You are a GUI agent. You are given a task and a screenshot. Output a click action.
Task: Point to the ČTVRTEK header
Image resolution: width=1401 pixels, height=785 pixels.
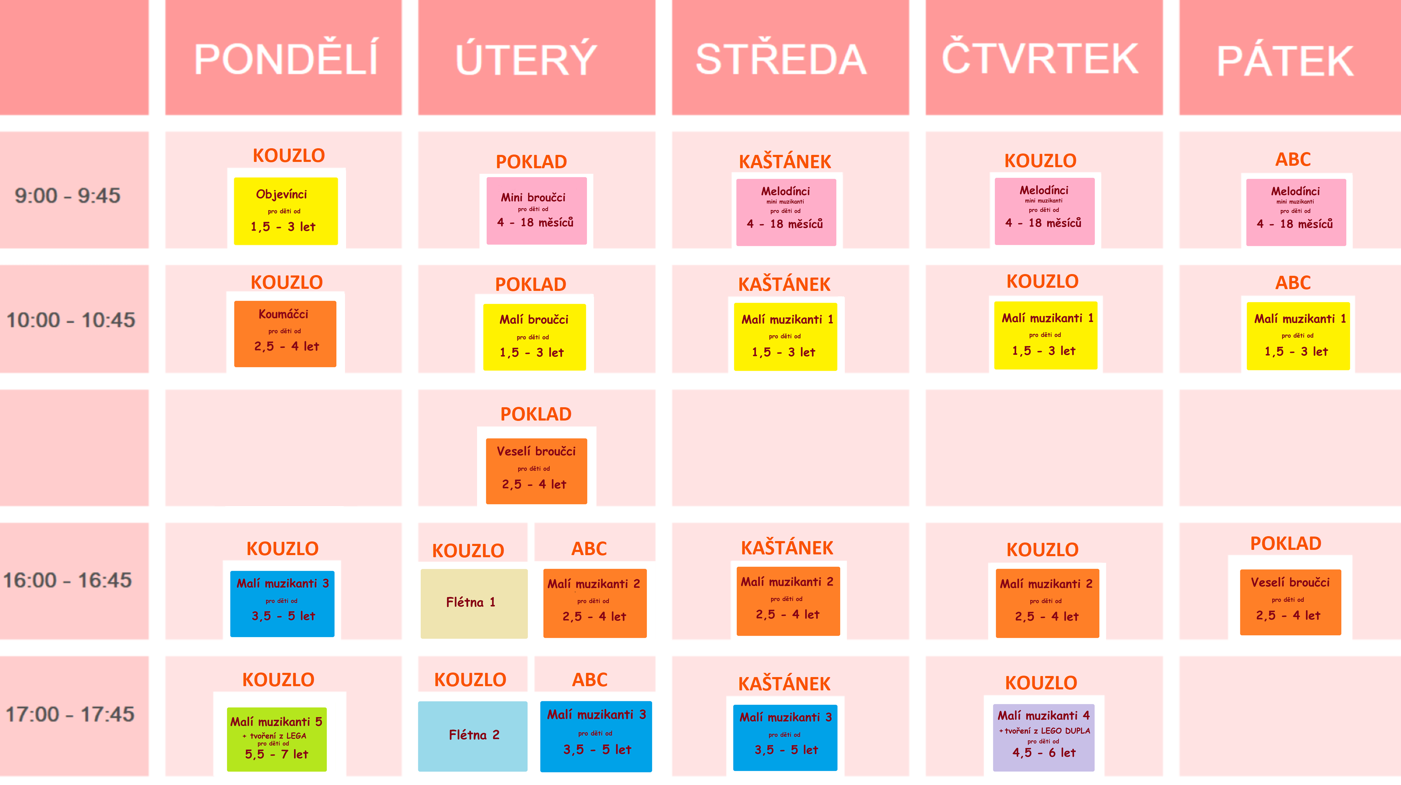coord(1040,57)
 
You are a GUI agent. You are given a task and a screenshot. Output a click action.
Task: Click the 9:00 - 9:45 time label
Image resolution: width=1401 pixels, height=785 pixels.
coord(68,195)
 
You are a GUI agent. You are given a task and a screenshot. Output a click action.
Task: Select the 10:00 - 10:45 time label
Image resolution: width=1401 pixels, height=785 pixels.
coord(71,320)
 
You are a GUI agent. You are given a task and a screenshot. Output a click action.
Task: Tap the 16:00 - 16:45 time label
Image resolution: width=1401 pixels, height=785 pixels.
coord(68,580)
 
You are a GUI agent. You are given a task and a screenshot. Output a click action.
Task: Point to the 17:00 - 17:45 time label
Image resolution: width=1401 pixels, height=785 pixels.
coord(70,714)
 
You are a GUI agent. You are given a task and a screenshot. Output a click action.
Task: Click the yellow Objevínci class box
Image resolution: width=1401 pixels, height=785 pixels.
coord(285,211)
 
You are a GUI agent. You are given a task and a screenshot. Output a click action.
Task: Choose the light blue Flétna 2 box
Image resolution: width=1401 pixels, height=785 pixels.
coord(472,736)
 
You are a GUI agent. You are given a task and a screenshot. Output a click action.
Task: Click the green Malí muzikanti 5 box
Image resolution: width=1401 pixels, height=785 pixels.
coord(277,739)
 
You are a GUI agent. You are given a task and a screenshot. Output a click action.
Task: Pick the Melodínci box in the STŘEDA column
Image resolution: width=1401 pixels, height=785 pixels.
coord(786,212)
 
